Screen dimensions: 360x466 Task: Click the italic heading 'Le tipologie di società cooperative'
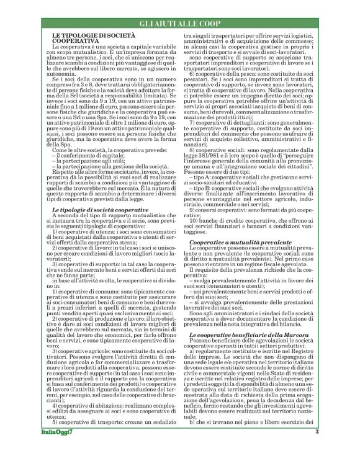pos(100,193)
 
